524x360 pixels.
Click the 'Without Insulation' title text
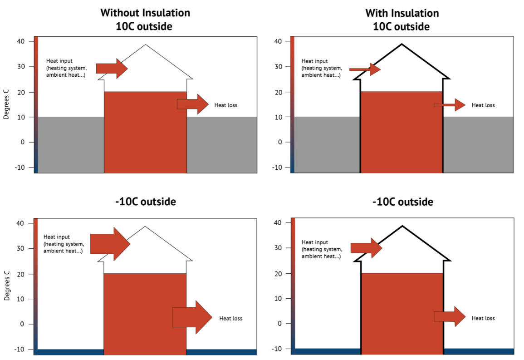pos(145,13)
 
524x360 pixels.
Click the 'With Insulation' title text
pos(402,13)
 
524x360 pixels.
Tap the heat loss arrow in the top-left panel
pos(193,104)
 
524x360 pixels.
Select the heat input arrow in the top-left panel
pos(112,68)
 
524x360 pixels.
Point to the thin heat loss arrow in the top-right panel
pos(450,105)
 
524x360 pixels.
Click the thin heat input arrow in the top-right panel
pos(365,69)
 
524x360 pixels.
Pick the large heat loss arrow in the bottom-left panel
pos(192,317)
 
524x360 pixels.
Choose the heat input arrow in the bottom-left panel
pos(110,244)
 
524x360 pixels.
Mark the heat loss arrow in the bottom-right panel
pos(450,316)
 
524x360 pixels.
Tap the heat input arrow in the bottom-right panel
pos(366,248)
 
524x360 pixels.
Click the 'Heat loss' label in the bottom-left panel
pos(230,318)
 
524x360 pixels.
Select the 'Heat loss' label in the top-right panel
pos(483,105)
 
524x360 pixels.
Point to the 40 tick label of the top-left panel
pos(21,41)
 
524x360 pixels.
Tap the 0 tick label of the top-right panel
pos(280,142)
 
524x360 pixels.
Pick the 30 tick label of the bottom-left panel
pos(21,248)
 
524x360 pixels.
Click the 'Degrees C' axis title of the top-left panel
pos(6,104)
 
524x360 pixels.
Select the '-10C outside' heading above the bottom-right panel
pos(403,202)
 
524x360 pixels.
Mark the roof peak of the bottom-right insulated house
pos(402,226)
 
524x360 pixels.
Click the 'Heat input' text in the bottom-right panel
pos(314,242)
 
